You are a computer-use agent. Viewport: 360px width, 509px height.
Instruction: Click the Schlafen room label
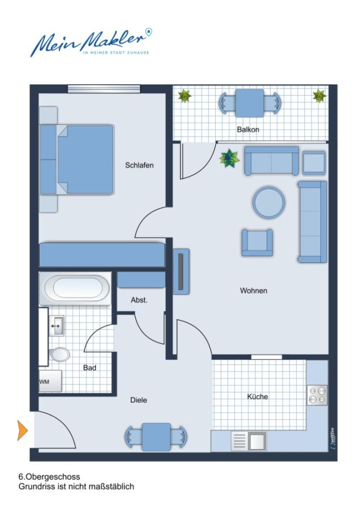point(139,165)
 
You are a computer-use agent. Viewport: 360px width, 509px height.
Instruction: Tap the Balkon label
point(248,130)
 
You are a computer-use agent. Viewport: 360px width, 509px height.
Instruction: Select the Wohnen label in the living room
point(254,291)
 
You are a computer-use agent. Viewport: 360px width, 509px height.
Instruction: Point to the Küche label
point(258,396)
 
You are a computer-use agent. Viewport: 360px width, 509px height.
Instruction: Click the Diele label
point(139,400)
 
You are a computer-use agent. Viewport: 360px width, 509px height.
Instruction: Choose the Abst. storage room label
point(139,300)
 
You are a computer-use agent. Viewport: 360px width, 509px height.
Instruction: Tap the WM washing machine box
point(50,381)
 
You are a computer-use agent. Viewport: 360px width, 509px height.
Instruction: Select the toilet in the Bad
point(59,354)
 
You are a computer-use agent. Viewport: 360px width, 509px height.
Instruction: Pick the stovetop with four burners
point(317,395)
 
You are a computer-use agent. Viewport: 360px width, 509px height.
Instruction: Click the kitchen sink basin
point(256,441)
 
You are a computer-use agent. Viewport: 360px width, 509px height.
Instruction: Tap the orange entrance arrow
point(23,431)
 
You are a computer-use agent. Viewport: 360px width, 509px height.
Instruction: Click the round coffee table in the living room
point(269,202)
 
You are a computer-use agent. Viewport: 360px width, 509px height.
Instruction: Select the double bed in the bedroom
point(77,159)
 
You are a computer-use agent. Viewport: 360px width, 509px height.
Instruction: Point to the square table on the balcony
point(250,103)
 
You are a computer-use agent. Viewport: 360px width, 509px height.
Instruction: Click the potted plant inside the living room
point(230,158)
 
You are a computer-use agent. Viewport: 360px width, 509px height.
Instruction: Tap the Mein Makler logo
point(91,42)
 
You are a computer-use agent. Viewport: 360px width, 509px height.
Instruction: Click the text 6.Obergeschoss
point(49,477)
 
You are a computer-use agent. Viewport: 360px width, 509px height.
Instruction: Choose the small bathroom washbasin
point(57,326)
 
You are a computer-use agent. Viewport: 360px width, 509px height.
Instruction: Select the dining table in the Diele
point(156,437)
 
